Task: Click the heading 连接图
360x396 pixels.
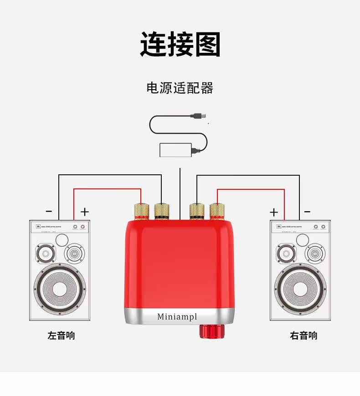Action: [x=180, y=44]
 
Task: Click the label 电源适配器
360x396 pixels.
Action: [x=180, y=87]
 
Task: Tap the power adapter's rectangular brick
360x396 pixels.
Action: [x=175, y=150]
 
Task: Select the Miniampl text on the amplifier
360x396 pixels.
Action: [x=177, y=316]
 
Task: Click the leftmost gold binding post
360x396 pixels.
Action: [x=141, y=211]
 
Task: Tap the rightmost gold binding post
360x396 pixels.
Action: [x=216, y=211]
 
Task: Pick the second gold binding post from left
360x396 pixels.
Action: [x=162, y=211]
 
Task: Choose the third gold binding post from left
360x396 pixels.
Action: [x=196, y=211]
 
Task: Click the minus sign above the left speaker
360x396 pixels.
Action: [x=49, y=211]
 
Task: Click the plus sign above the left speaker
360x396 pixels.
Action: [x=85, y=212]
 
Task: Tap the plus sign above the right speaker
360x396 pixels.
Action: [x=273, y=212]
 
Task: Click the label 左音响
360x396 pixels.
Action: [x=61, y=336]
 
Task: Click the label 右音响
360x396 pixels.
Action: [x=303, y=336]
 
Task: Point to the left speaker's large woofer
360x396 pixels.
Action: [x=59, y=288]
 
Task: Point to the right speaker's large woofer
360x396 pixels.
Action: [x=300, y=288]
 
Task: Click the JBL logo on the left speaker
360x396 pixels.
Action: [x=36, y=226]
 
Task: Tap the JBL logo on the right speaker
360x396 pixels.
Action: [x=277, y=226]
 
